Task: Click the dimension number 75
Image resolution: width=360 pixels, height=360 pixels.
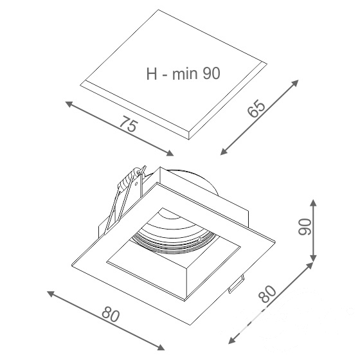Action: pyautogui.click(x=129, y=123)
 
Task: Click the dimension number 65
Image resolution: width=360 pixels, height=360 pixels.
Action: pyautogui.click(x=256, y=109)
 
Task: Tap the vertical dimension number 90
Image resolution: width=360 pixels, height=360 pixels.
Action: pyautogui.click(x=305, y=226)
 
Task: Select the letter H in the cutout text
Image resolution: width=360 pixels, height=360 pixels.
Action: pyautogui.click(x=152, y=74)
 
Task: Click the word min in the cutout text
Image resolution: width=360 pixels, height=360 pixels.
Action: pyautogui.click(x=185, y=74)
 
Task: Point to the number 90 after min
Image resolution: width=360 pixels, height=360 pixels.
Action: pyautogui.click(x=212, y=74)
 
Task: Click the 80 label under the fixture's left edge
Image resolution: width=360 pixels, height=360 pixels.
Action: pyautogui.click(x=111, y=315)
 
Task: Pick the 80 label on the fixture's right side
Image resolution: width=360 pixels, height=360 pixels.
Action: pyautogui.click(x=267, y=294)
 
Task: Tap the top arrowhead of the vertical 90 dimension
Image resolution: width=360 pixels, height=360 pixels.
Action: pyautogui.click(x=313, y=203)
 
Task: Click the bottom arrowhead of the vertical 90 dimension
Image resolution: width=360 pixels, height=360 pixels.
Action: pyautogui.click(x=313, y=257)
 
